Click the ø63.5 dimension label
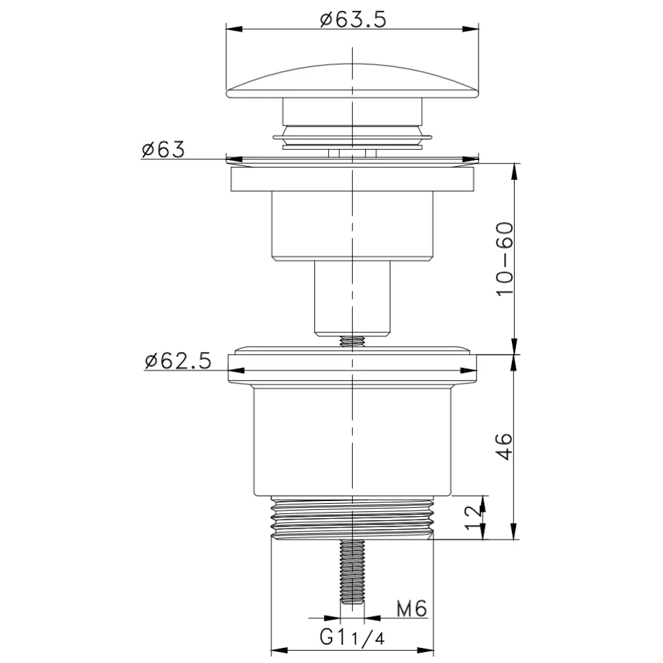point(353,19)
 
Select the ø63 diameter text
point(163,149)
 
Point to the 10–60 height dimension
point(504,259)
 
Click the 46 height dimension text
point(504,446)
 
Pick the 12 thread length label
point(473,517)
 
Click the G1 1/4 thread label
point(352,637)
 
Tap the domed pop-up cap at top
point(353,81)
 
